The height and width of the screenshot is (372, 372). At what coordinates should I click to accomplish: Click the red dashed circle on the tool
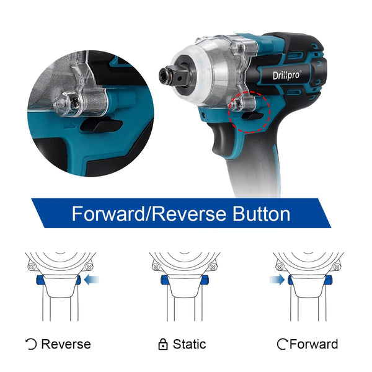(x=249, y=113)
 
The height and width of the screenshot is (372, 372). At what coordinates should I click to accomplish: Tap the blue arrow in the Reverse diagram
(x=92, y=280)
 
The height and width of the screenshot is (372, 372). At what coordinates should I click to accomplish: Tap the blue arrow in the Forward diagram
(x=277, y=280)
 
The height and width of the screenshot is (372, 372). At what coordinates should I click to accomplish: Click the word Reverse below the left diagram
(x=66, y=344)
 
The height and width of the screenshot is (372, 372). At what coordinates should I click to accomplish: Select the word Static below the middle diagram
(x=189, y=344)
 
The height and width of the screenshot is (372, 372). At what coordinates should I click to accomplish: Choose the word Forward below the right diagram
(x=314, y=344)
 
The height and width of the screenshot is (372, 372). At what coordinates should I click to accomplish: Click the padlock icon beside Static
(x=163, y=344)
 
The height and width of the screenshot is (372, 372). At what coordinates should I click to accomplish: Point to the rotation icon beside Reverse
(x=31, y=344)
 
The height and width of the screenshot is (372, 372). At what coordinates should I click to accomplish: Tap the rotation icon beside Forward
(x=283, y=344)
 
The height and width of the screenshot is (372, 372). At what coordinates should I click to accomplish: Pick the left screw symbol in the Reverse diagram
(x=30, y=267)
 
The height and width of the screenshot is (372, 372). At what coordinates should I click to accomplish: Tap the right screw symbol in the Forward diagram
(x=337, y=267)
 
